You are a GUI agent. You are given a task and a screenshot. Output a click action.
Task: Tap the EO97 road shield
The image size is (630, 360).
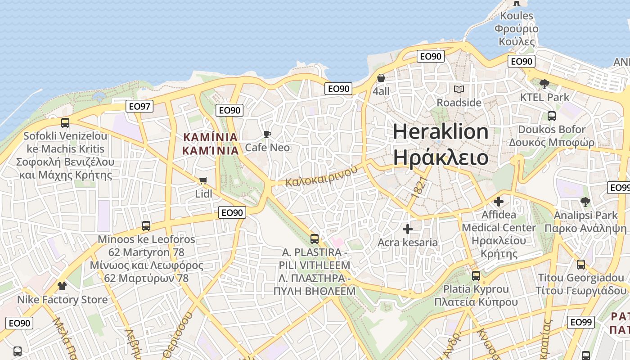[140, 106]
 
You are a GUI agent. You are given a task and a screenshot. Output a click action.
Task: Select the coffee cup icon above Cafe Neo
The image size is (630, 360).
[267, 134]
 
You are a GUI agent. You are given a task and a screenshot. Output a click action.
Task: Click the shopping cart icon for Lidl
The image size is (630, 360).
[203, 181]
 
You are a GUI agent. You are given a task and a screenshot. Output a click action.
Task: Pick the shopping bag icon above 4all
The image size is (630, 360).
[381, 78]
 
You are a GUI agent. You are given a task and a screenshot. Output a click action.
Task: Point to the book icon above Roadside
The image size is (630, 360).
[459, 90]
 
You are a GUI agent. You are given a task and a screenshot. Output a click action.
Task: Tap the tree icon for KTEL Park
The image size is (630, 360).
[544, 84]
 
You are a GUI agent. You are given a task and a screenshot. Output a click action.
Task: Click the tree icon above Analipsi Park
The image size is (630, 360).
[585, 202]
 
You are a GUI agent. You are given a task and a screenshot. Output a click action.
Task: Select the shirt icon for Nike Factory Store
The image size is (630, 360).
[62, 286]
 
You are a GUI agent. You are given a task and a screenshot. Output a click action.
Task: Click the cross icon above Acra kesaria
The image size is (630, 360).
[407, 229]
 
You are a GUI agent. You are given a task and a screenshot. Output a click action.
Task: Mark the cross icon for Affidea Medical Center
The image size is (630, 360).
[499, 201]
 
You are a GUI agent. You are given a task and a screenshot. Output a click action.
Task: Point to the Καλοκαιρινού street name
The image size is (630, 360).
[321, 176]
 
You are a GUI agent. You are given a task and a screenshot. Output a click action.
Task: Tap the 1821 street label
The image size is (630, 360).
[418, 186]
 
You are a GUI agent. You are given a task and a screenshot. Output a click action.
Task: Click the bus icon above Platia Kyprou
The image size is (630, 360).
[476, 275]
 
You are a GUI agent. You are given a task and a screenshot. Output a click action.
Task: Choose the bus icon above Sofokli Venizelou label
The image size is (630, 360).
[65, 122]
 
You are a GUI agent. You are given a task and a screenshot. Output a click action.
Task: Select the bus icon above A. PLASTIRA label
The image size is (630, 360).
[315, 238]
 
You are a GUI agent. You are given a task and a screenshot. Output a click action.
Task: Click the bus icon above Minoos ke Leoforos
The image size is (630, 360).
[146, 226]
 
